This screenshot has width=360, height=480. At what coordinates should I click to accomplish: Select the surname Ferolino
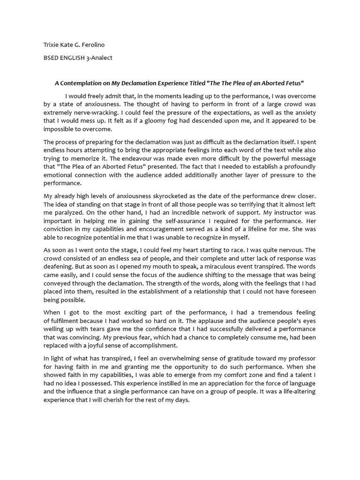[92, 45]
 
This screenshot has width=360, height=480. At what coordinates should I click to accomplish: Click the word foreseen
[302, 292]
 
